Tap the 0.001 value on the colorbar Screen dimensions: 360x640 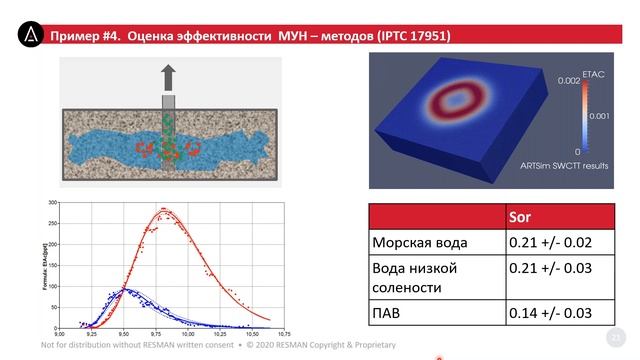pos(596,116)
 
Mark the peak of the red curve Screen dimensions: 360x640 pos(164,210)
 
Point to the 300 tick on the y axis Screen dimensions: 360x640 pos(52,202)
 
